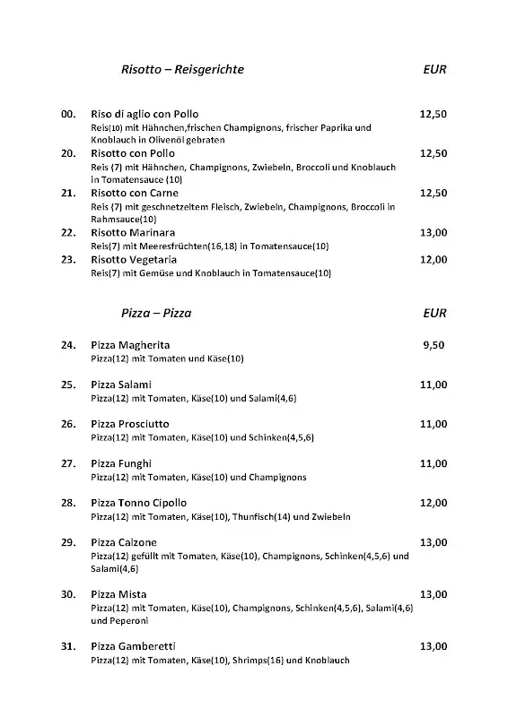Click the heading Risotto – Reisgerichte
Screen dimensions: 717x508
tap(182, 69)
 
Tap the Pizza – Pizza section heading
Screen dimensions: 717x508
tap(156, 314)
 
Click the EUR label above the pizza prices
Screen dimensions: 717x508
tap(434, 314)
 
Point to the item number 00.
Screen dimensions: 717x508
tap(67, 115)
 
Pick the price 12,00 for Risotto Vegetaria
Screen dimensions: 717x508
tap(434, 260)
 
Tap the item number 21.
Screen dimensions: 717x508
tap(67, 194)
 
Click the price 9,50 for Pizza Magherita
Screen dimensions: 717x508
tap(434, 345)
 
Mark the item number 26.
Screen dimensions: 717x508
tap(67, 424)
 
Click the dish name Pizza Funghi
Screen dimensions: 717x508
tap(121, 463)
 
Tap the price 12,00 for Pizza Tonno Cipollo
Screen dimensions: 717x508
tap(434, 503)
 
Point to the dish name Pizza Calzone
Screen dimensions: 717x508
tap(125, 542)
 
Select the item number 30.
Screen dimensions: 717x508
tap(67, 594)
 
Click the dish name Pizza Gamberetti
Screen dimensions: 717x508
tap(133, 646)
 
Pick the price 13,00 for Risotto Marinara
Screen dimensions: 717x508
tap(434, 233)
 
